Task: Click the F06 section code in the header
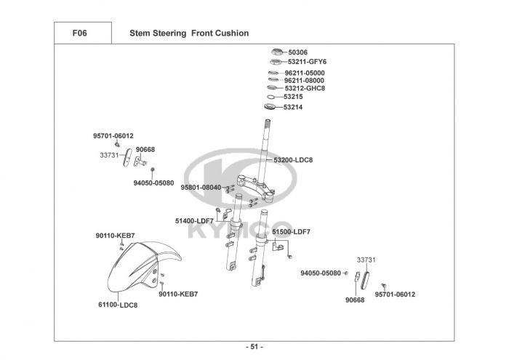tap(80, 33)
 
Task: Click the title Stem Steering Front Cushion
tap(189, 33)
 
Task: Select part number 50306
tap(298, 52)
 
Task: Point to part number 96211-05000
tap(305, 73)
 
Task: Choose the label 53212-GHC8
tap(305, 88)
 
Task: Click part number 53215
tap(293, 97)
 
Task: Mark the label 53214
tap(293, 107)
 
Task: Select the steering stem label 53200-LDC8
tap(293, 159)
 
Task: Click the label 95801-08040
tap(201, 187)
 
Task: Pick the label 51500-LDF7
tap(291, 231)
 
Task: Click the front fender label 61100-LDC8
tap(118, 305)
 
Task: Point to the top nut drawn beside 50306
tap(277, 52)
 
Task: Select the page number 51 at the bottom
tap(254, 346)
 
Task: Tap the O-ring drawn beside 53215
tap(272, 97)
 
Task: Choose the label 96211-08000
tap(305, 80)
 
